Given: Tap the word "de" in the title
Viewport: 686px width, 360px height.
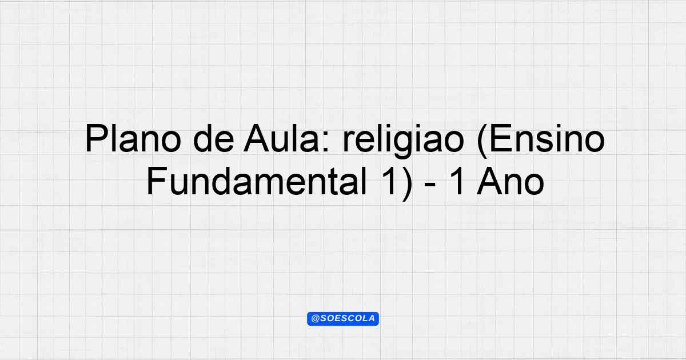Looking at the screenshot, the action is click(214, 138).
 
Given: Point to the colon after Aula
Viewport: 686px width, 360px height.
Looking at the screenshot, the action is click(326, 142).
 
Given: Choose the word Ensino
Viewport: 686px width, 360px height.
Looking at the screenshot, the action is click(547, 138).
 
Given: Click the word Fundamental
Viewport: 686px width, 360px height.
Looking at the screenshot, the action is click(257, 181).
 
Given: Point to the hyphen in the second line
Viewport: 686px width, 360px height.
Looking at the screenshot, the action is click(430, 186).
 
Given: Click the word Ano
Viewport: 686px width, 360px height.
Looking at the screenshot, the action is click(510, 181).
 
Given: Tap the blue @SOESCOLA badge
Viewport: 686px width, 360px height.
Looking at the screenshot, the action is click(343, 319).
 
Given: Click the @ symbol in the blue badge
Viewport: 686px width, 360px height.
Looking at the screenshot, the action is click(315, 319).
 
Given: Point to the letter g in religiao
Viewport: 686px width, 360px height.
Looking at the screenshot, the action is click(411, 145).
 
